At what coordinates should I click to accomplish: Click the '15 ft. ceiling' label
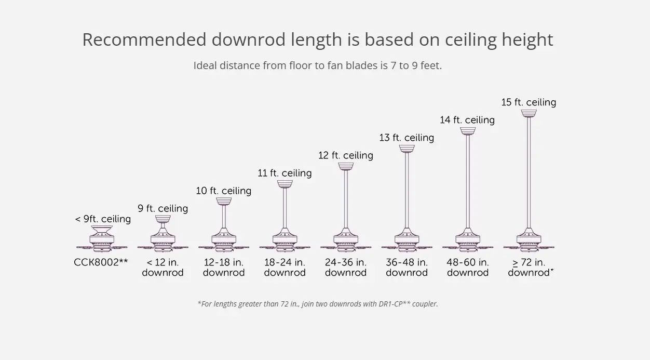529,102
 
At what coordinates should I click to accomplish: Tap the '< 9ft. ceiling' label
103,219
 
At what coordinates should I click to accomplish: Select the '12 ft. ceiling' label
345,155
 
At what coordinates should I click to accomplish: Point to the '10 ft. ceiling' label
223,191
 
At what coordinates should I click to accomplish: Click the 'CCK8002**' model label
101,262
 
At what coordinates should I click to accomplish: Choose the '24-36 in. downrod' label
346,268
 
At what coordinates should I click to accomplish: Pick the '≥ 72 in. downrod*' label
530,268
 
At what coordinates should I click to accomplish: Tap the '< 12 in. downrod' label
162,268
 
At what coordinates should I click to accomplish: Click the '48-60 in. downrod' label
468,268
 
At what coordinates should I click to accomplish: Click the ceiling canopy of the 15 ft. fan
529,113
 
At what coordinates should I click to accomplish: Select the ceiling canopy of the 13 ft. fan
407,148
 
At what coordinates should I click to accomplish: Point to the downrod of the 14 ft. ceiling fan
468,182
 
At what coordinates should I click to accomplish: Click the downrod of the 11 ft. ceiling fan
285,208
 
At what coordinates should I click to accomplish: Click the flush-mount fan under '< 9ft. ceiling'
102,239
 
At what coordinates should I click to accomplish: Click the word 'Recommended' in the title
143,40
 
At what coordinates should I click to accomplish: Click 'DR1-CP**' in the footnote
394,304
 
